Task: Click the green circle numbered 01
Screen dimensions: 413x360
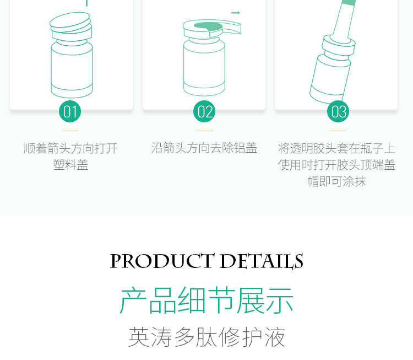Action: pyautogui.click(x=70, y=111)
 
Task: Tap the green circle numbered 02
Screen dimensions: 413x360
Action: pyautogui.click(x=204, y=111)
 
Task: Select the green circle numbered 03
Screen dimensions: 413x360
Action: pyautogui.click(x=338, y=111)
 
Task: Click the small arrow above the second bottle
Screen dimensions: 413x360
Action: pyautogui.click(x=236, y=13)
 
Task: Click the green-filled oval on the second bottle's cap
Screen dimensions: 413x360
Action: pyautogui.click(x=208, y=26)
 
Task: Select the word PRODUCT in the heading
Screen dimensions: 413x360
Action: pyautogui.click(x=162, y=261)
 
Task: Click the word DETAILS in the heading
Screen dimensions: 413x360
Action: pyautogui.click(x=262, y=261)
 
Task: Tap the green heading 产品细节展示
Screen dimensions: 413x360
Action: pyautogui.click(x=206, y=300)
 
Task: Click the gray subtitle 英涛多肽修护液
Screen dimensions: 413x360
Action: pyautogui.click(x=206, y=337)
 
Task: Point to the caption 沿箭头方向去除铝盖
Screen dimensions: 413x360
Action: pyautogui.click(x=204, y=148)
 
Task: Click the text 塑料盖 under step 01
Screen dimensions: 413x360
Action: pyautogui.click(x=70, y=165)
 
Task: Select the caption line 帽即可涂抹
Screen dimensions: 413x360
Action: pyautogui.click(x=337, y=181)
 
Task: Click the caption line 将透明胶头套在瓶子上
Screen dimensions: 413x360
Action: pyautogui.click(x=336, y=148)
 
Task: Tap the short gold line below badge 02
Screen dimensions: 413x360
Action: pyautogui.click(x=204, y=131)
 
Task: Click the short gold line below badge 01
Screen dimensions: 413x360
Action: pyautogui.click(x=70, y=131)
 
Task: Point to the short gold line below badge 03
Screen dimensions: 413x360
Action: pyautogui.click(x=338, y=131)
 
